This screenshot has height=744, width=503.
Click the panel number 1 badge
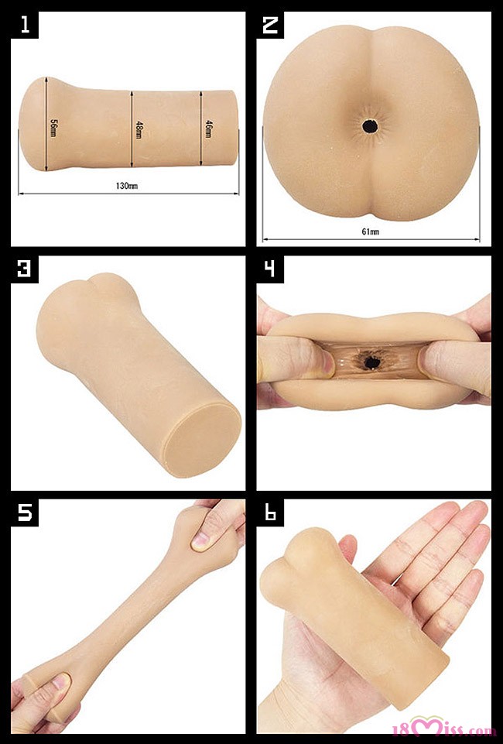pos(25,25)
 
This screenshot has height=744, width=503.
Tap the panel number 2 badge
pos(270,25)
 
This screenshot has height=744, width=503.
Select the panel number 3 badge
pos(25,269)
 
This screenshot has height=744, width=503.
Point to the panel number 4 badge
pos(270,269)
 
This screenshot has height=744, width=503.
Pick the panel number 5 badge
pos(25,513)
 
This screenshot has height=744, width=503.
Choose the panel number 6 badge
pos(270,513)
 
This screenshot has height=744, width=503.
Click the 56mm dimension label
pos(53,128)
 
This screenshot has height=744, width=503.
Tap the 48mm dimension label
pos(139,129)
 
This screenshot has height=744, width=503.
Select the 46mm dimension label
pos(208,129)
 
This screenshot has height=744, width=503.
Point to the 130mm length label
pos(127,186)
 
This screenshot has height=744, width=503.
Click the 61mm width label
pos(370,231)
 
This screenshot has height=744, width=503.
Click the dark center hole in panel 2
pos(370,126)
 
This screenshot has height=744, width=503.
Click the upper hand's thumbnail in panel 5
pos(200,539)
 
